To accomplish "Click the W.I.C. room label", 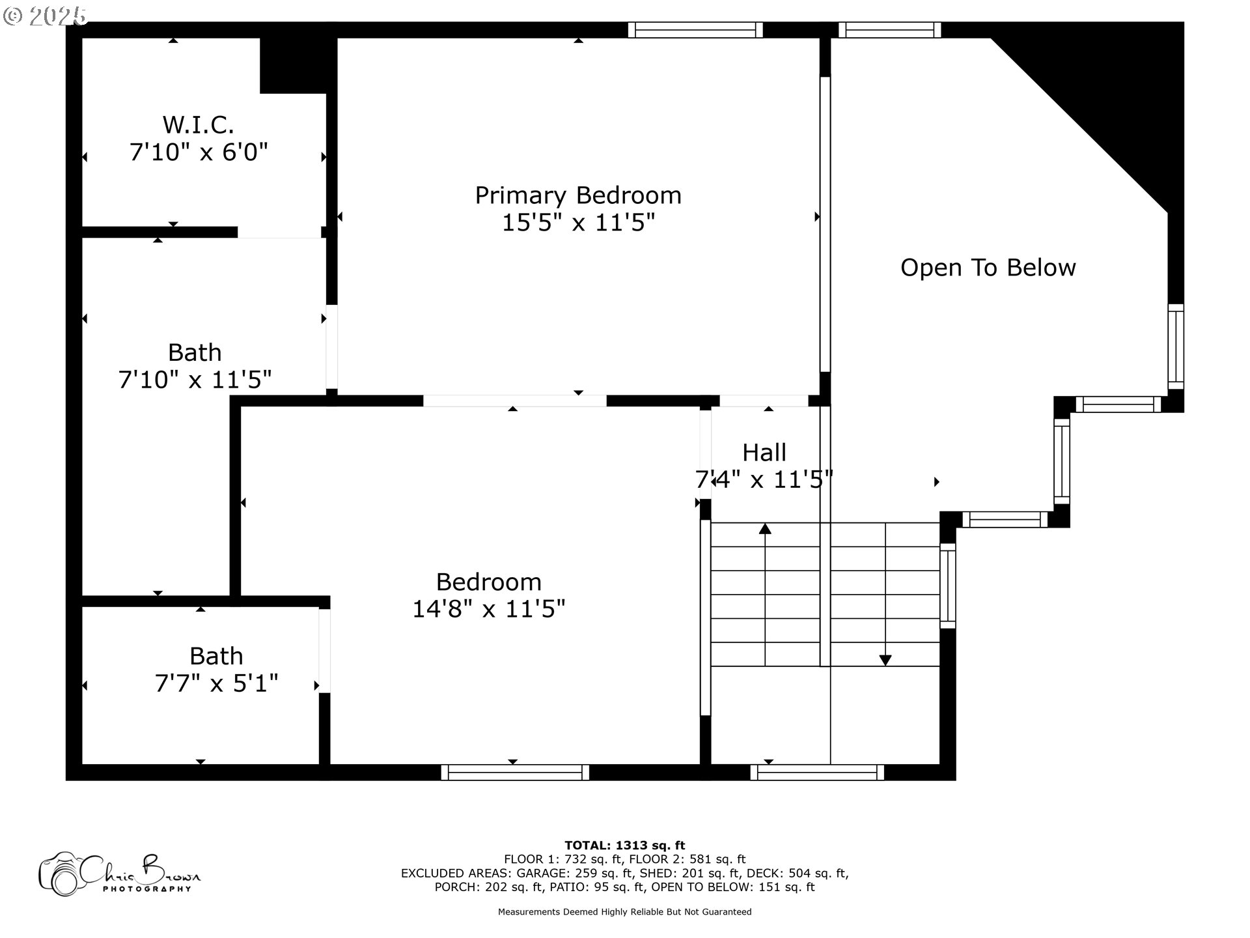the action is pos(198,124).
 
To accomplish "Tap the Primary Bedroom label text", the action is pos(578,195).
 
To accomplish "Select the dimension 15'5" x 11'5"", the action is pos(578,223).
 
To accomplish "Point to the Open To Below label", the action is pos(988,268).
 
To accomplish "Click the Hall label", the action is pos(764,453).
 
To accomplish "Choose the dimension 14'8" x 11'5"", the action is pos(489,609).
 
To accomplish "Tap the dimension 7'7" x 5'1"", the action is pos(216,683).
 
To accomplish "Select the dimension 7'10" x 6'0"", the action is pos(199,152).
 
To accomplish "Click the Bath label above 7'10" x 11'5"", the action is pos(195,352).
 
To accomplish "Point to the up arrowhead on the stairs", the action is pos(765,529).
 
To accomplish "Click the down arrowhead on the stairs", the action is pos(885,660).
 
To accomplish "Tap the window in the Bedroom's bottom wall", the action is pos(515,773).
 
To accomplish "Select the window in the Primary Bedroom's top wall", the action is pos(695,30).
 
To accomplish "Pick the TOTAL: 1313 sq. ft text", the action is pos(625,846).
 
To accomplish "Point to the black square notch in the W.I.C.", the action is pos(293,65).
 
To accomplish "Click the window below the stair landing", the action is pos(817,773).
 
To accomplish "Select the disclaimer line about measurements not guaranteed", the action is pos(625,912).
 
